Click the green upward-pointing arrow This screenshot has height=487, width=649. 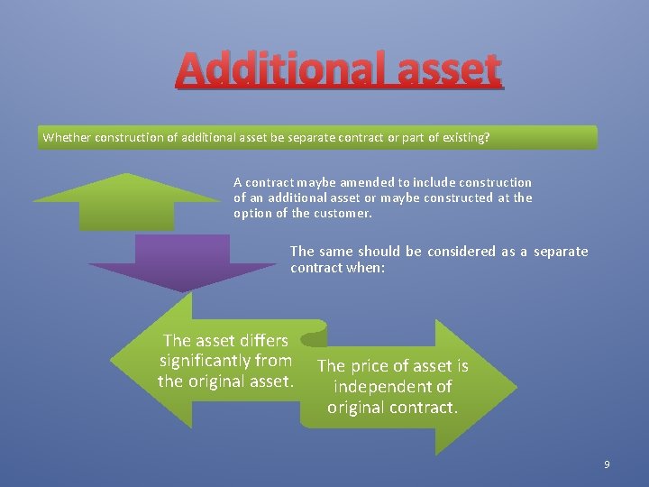pos(126,203)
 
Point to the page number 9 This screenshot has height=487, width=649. pos(607,464)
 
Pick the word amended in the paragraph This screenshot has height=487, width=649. pos(364,182)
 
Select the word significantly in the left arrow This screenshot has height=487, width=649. pos(206,361)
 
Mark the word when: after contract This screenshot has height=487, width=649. pos(364,267)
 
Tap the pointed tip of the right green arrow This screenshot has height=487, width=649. pos(516,387)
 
